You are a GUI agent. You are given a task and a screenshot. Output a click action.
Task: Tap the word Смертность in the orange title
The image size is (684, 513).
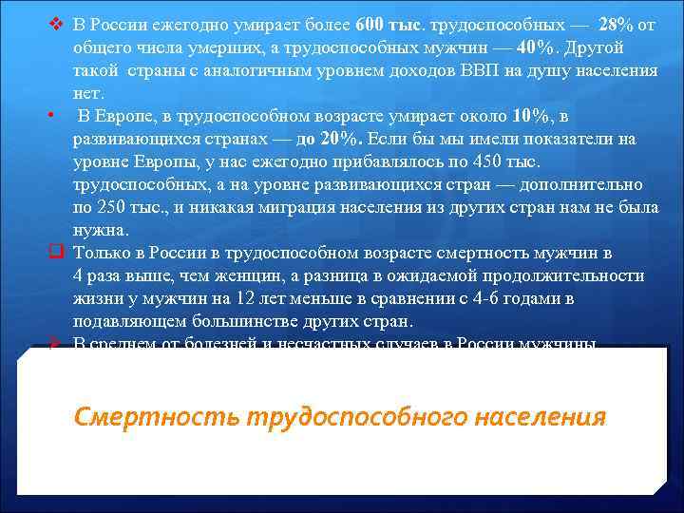(x=157, y=417)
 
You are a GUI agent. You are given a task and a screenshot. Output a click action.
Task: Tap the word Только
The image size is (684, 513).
(x=99, y=253)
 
